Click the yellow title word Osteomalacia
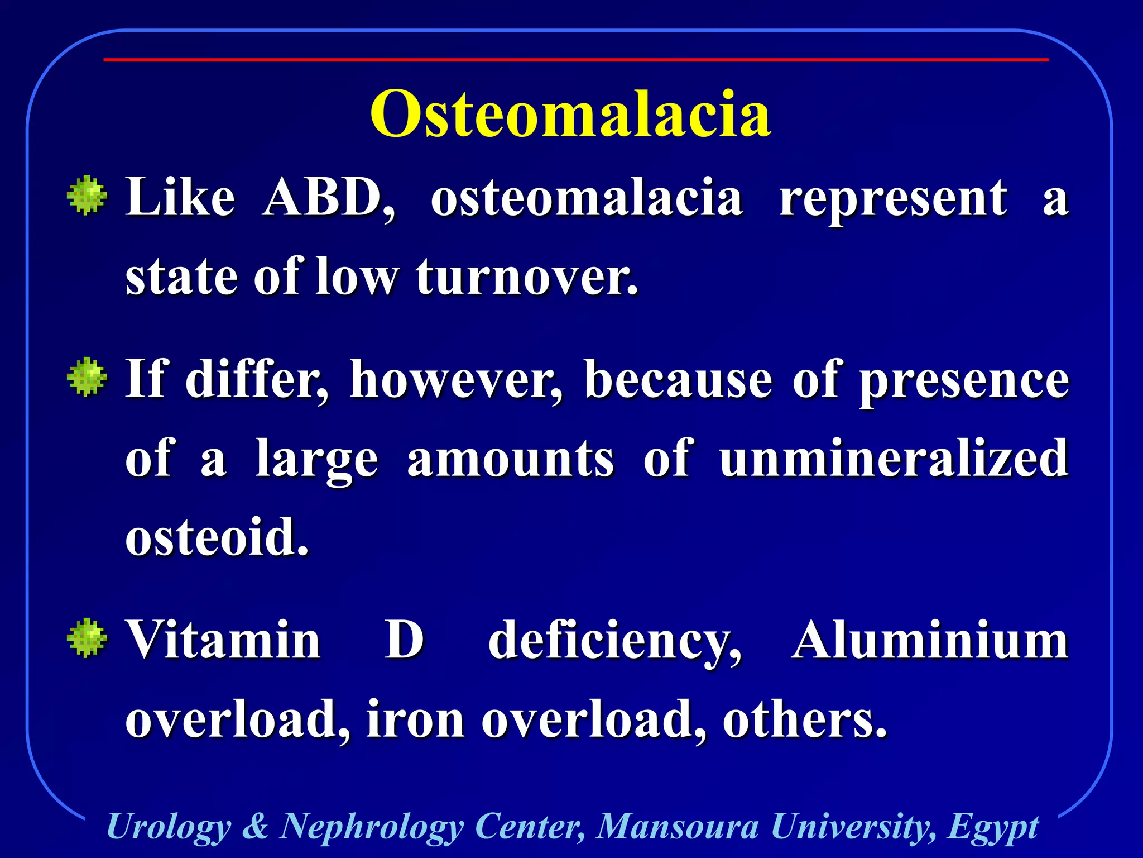pos(570,115)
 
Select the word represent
pos(893,198)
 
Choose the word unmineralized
pos(894,459)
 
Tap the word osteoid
pos(217,537)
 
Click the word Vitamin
pos(223,640)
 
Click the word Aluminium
pos(929,640)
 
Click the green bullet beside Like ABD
pos(87,196)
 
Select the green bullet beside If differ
pos(87,377)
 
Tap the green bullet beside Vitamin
pos(87,638)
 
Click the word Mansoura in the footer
pos(678,826)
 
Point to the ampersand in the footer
pos(256,826)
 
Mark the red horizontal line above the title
pos(576,59)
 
